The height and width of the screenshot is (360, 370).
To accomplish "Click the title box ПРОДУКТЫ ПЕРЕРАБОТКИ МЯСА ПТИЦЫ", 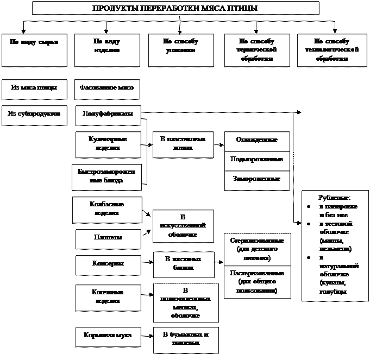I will [x=175, y=8].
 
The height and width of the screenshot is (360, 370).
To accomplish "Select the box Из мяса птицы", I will [x=34, y=88].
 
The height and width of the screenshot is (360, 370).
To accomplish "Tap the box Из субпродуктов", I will [x=34, y=114].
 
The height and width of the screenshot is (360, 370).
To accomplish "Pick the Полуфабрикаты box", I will [x=106, y=115].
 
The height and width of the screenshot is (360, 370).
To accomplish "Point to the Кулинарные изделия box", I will [x=106, y=143].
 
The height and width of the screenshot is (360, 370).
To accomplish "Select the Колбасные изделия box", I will [x=106, y=209].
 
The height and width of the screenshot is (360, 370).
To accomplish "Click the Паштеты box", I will [x=106, y=238].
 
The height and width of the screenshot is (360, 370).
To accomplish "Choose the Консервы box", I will [x=106, y=264].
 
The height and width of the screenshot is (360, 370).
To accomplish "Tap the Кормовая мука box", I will [x=106, y=336].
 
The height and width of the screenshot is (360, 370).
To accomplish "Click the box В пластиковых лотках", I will [x=182, y=143].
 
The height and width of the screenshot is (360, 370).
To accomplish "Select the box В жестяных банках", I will [x=183, y=263].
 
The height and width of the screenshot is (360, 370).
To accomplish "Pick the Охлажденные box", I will [x=257, y=140].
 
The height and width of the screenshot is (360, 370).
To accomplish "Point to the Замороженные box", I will [x=257, y=179].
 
